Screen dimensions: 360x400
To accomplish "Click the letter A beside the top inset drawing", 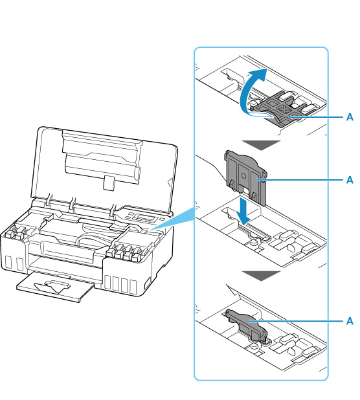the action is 350,117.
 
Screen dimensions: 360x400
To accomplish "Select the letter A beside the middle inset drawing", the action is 350,180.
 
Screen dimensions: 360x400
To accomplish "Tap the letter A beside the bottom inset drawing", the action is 350,321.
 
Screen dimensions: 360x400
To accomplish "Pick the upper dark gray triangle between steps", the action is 261,145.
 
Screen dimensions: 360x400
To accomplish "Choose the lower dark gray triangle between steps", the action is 261,276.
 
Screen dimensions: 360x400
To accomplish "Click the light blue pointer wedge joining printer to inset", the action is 174,219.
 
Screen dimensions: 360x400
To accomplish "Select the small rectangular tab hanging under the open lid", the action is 109,183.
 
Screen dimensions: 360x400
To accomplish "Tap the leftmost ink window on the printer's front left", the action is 8,262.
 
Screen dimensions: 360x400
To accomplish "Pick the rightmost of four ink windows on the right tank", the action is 133,287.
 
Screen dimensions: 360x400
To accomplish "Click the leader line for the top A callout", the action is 316,117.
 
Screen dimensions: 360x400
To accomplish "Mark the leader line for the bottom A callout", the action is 295,321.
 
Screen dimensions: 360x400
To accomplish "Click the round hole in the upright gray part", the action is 243,176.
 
